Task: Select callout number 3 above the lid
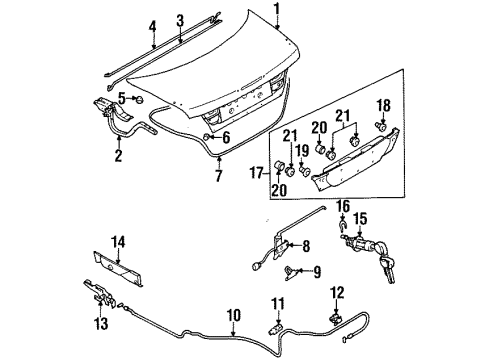pyautogui.click(x=179, y=20)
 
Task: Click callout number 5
pyautogui.click(x=120, y=97)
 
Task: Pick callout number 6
pyautogui.click(x=227, y=139)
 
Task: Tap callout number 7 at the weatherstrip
pyautogui.click(x=219, y=177)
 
